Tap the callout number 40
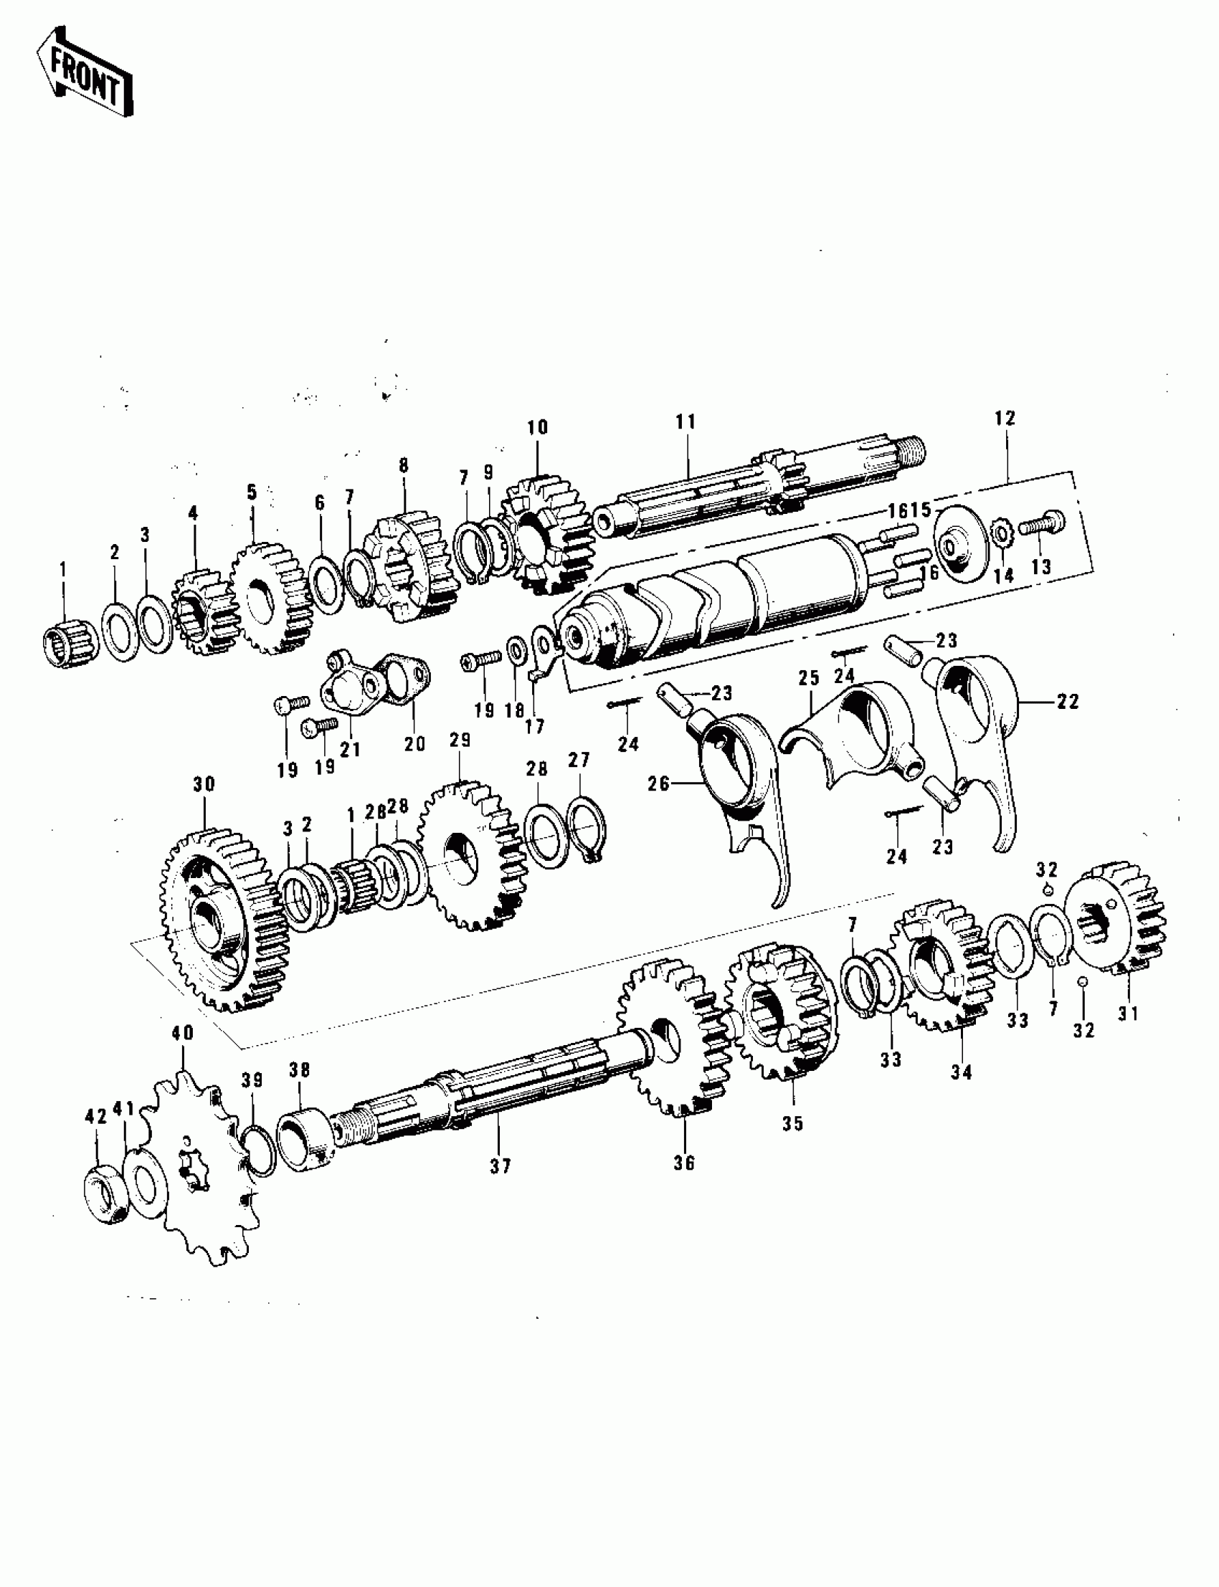point(183,1033)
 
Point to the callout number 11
point(686,422)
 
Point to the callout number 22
point(1068,701)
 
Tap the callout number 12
point(1005,419)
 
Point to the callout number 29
point(460,740)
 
